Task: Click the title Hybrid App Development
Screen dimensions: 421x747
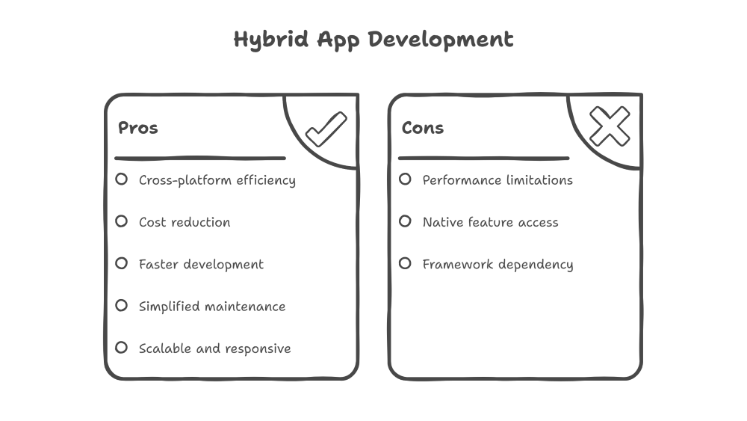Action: (373, 40)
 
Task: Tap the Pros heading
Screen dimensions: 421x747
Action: (138, 128)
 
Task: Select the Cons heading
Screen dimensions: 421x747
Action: (423, 128)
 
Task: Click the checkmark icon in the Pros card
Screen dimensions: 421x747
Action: (326, 129)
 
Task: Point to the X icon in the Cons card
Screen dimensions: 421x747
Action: (610, 126)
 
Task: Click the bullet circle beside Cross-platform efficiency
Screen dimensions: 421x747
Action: (121, 179)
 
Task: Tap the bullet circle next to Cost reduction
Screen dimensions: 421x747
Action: (121, 221)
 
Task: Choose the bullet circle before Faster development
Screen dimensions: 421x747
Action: (121, 263)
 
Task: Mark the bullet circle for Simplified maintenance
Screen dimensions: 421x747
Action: (121, 306)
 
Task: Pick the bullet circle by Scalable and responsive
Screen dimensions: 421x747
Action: (121, 348)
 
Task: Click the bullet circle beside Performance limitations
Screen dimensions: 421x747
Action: (405, 179)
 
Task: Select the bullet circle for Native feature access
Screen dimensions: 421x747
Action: (405, 221)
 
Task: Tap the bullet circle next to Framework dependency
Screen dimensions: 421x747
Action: (405, 263)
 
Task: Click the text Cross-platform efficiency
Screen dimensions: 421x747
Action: (217, 180)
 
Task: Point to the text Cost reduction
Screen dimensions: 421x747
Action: (185, 222)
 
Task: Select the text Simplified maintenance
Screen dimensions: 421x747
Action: (212, 307)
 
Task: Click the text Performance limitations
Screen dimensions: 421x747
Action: (498, 180)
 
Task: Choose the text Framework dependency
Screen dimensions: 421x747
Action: (498, 265)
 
